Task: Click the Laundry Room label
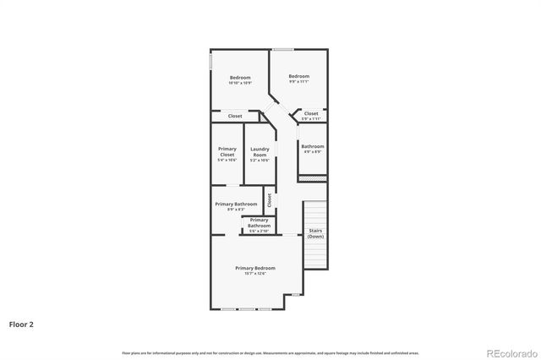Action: click(260, 152)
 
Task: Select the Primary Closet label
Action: click(227, 152)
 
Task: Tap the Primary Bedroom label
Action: click(254, 268)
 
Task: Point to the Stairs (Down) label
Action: click(315, 233)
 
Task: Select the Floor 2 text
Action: click(21, 324)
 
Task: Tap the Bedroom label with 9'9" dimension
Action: click(299, 76)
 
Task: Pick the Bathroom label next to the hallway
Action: click(313, 146)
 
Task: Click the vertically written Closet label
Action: click(270, 200)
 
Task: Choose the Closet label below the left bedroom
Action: click(235, 116)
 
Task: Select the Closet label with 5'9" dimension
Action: click(311, 113)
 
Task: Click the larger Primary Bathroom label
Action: click(236, 204)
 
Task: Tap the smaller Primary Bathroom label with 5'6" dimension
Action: click(259, 222)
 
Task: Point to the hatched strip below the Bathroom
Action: click(313, 178)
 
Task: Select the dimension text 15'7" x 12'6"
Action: click(254, 273)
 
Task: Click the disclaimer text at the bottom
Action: click(270, 352)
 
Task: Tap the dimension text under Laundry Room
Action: click(260, 160)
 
